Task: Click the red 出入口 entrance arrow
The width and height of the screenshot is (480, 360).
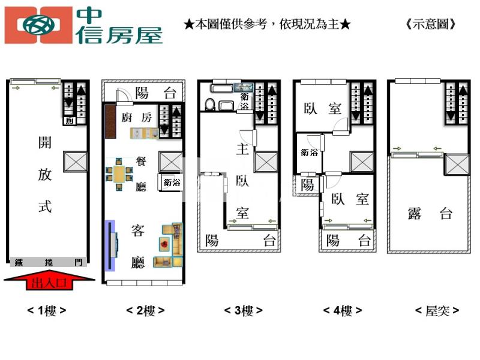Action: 49,280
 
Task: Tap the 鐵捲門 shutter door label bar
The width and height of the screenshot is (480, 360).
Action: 49,262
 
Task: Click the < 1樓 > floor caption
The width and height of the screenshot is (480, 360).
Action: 47,311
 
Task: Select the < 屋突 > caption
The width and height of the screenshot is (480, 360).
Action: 437,311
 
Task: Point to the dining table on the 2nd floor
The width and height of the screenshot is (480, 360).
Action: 119,174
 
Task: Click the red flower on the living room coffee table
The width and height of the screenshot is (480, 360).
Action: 164,244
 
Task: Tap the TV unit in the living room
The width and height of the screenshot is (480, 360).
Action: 112,245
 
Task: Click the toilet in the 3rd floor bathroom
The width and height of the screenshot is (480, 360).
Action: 210,104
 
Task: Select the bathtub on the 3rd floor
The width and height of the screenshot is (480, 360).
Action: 223,88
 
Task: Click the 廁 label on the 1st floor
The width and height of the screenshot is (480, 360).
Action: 70,121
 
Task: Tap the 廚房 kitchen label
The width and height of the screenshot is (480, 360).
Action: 137,117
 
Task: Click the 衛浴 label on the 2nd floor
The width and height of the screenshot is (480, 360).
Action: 172,183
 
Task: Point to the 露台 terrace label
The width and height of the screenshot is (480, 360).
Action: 430,214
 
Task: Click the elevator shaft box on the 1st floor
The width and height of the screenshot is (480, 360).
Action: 76,161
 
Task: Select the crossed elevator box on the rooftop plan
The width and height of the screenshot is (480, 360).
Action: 457,164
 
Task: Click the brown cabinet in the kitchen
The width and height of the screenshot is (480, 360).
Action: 110,121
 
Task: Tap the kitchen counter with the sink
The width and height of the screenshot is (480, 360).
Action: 145,134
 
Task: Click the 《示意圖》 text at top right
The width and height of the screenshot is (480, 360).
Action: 431,24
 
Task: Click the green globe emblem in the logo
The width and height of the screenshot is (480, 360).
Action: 39,25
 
